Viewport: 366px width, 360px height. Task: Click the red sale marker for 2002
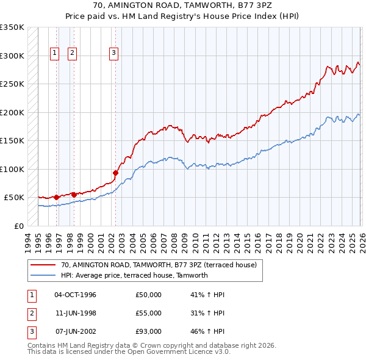pyautogui.click(x=115, y=173)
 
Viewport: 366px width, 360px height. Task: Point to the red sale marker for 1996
pyautogui.click(x=56, y=197)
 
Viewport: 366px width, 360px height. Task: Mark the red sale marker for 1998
pyautogui.click(x=73, y=195)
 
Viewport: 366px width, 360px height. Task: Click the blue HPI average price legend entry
pyautogui.click(x=134, y=275)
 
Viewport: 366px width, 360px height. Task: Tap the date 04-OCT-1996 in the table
pyautogui.click(x=76, y=295)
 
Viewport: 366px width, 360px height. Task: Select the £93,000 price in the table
pyautogui.click(x=149, y=331)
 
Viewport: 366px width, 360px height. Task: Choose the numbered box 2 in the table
pyautogui.click(x=30, y=313)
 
